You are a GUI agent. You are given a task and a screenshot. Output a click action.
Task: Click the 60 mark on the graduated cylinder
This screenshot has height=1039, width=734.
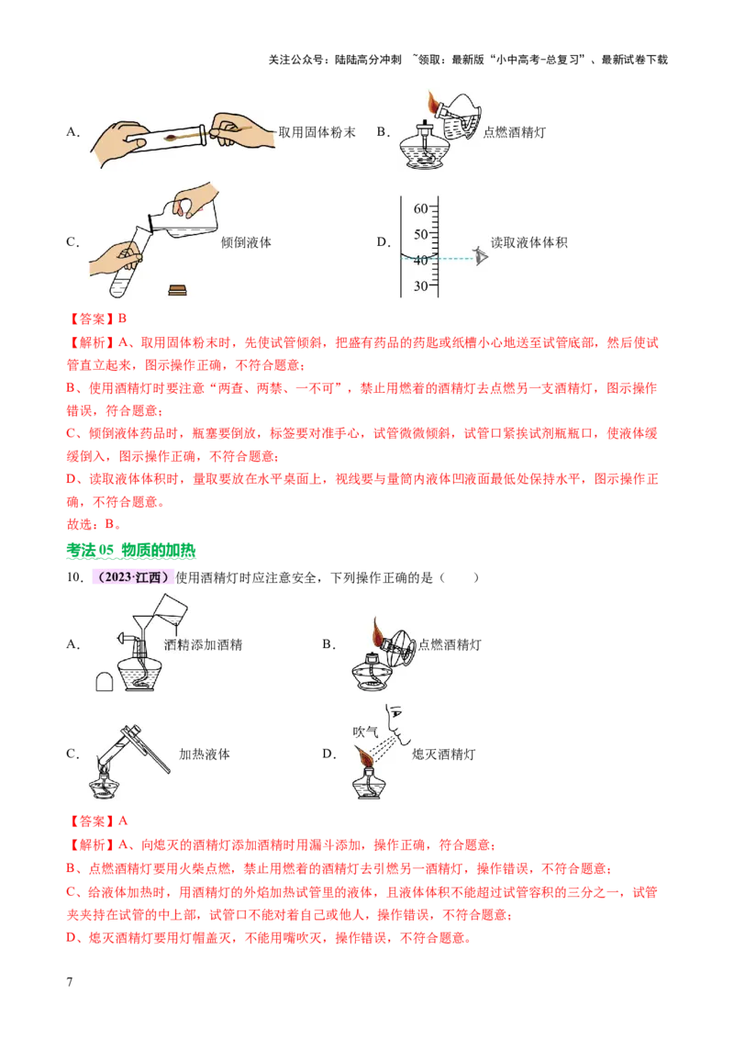click(421, 208)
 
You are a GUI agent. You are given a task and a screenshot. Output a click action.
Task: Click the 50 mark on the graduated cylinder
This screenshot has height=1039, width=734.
click(421, 234)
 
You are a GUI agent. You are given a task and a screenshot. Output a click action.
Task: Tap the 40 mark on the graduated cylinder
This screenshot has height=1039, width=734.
click(421, 260)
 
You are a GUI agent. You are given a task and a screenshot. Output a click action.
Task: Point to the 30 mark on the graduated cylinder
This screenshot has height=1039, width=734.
click(421, 285)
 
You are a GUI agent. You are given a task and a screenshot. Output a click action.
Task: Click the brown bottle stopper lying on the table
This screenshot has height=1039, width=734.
click(178, 291)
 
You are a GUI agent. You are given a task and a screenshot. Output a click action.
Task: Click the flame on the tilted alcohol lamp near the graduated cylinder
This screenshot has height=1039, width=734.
click(434, 100)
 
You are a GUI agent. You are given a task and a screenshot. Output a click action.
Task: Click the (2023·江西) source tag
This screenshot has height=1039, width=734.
click(132, 575)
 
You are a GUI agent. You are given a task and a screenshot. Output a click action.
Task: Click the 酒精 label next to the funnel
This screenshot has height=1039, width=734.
click(181, 643)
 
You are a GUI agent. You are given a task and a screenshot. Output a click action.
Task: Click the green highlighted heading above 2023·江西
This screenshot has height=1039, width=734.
click(131, 552)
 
